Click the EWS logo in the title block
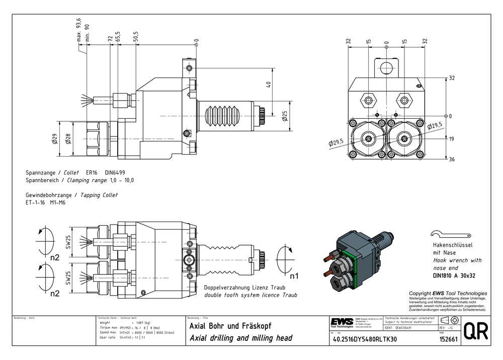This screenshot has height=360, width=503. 342,322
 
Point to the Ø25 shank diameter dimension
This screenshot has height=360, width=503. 285,117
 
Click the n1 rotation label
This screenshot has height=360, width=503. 294,276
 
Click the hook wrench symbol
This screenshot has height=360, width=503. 451,235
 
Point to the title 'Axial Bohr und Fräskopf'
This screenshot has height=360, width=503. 230,326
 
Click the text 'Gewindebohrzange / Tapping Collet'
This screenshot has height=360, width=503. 72,195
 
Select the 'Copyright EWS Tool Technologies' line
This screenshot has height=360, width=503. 448,293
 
